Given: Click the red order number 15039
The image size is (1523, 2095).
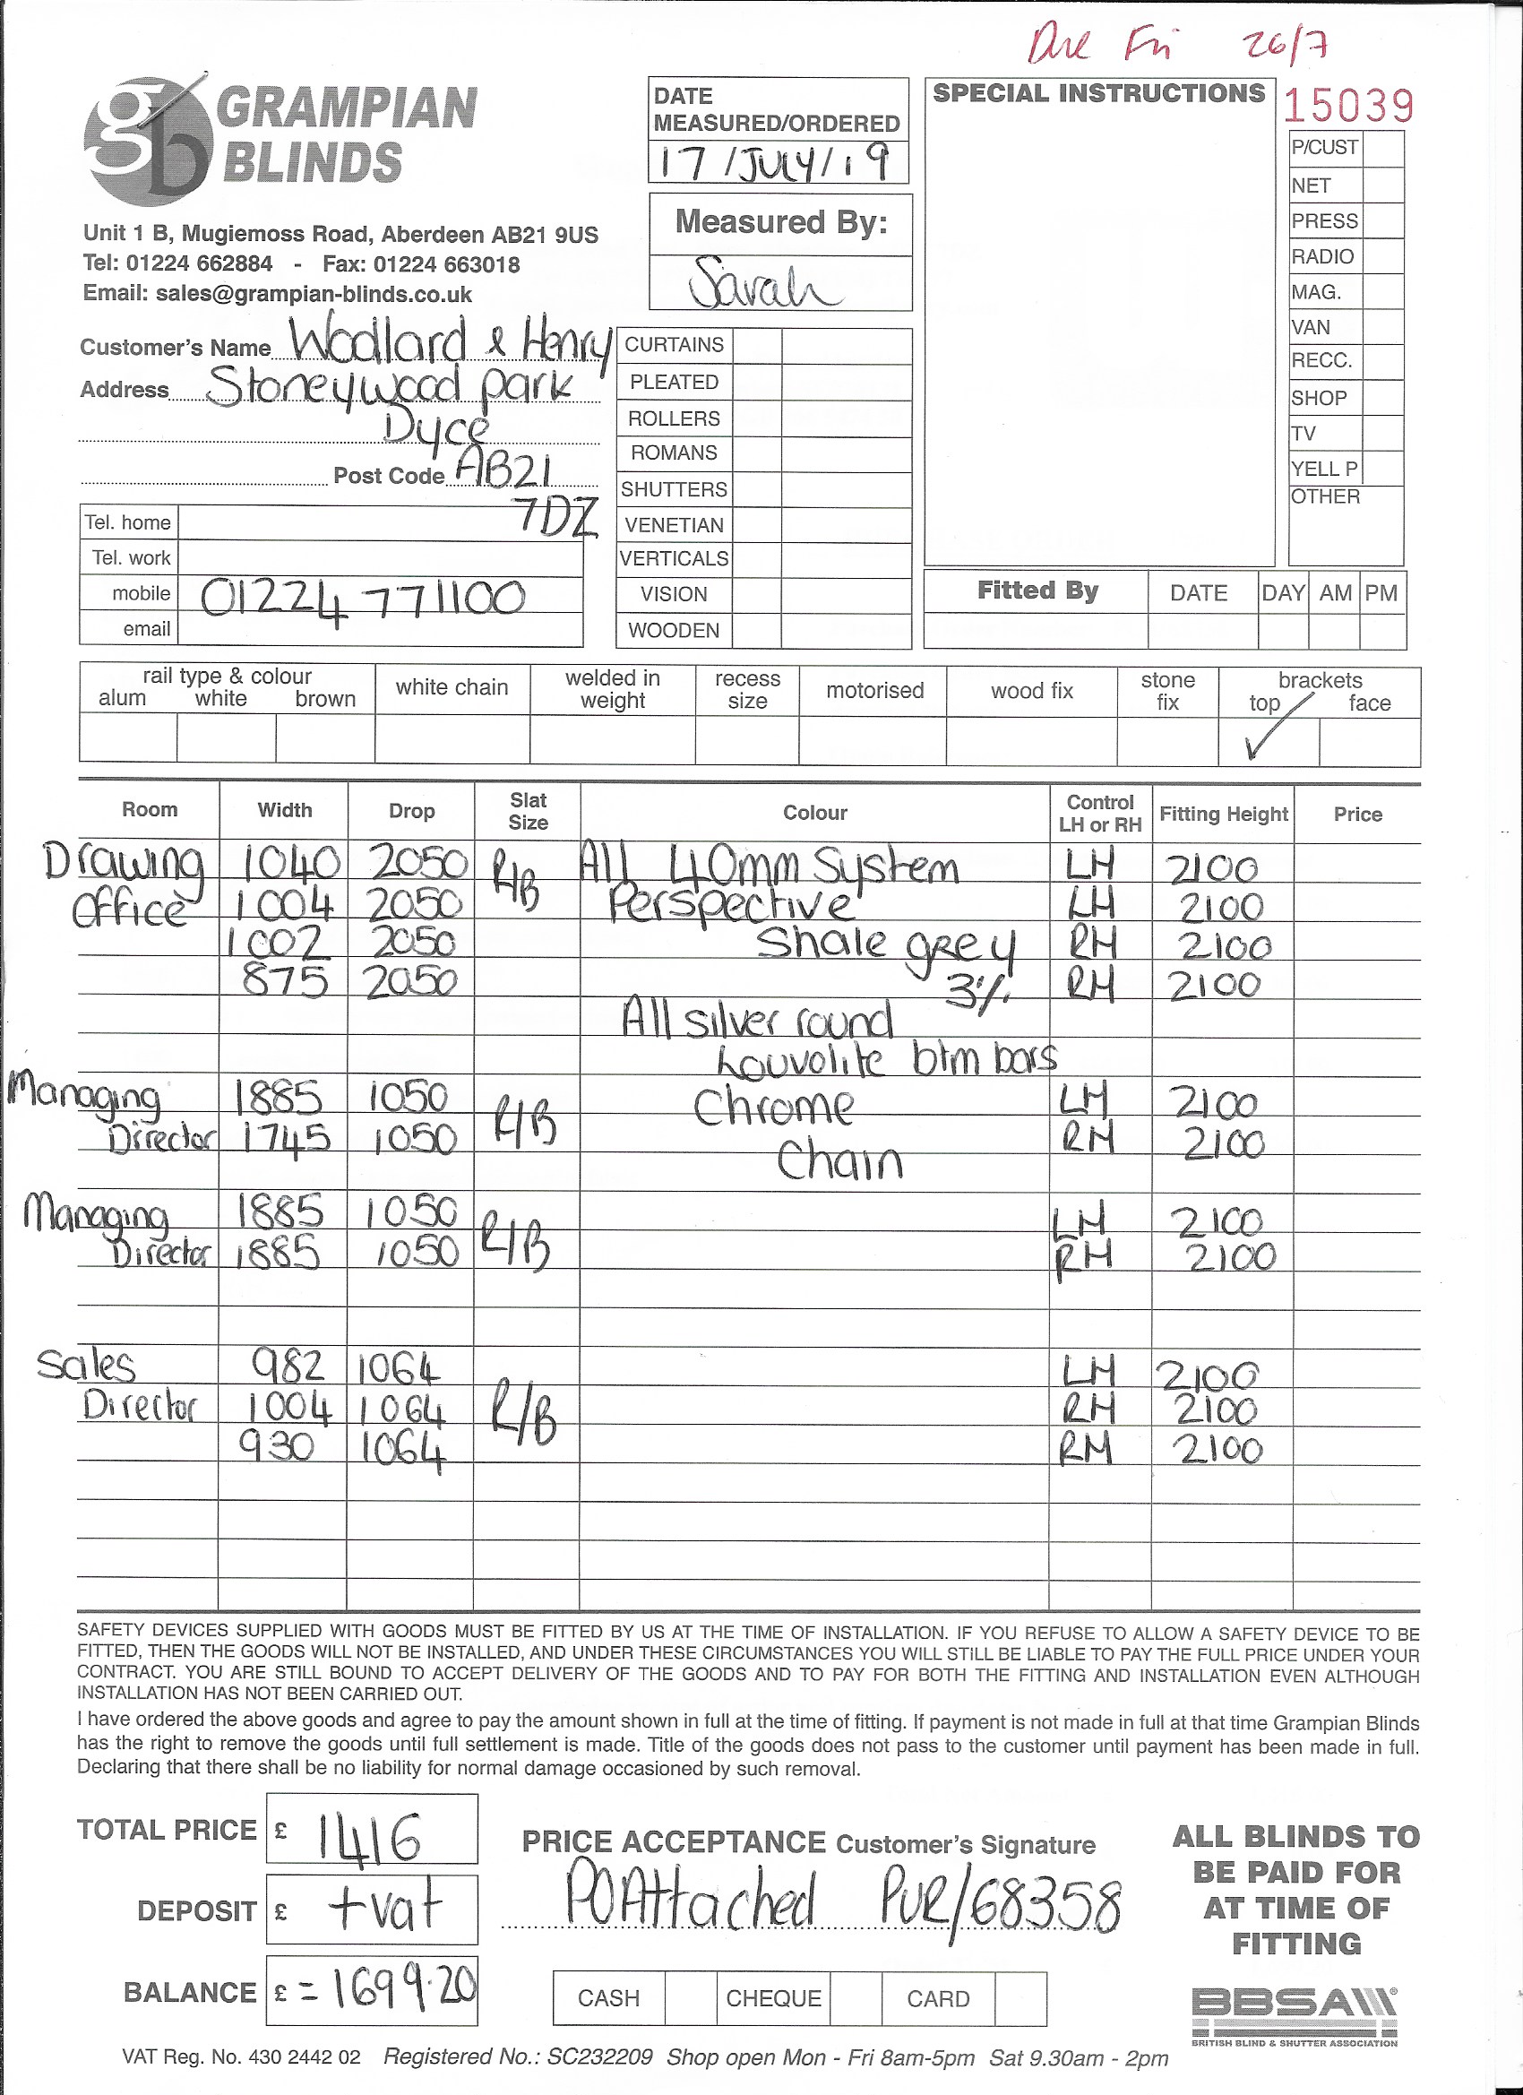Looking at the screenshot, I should [1347, 108].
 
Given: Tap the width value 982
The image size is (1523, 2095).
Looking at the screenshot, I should [288, 1365].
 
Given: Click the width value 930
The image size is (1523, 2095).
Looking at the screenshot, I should [278, 1444].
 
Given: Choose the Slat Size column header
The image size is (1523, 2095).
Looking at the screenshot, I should [528, 811].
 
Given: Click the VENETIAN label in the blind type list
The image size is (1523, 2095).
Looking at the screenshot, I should [675, 526].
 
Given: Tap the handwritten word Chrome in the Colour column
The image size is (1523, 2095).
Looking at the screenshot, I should [774, 1108].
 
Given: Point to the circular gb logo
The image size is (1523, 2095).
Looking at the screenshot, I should [148, 141].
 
